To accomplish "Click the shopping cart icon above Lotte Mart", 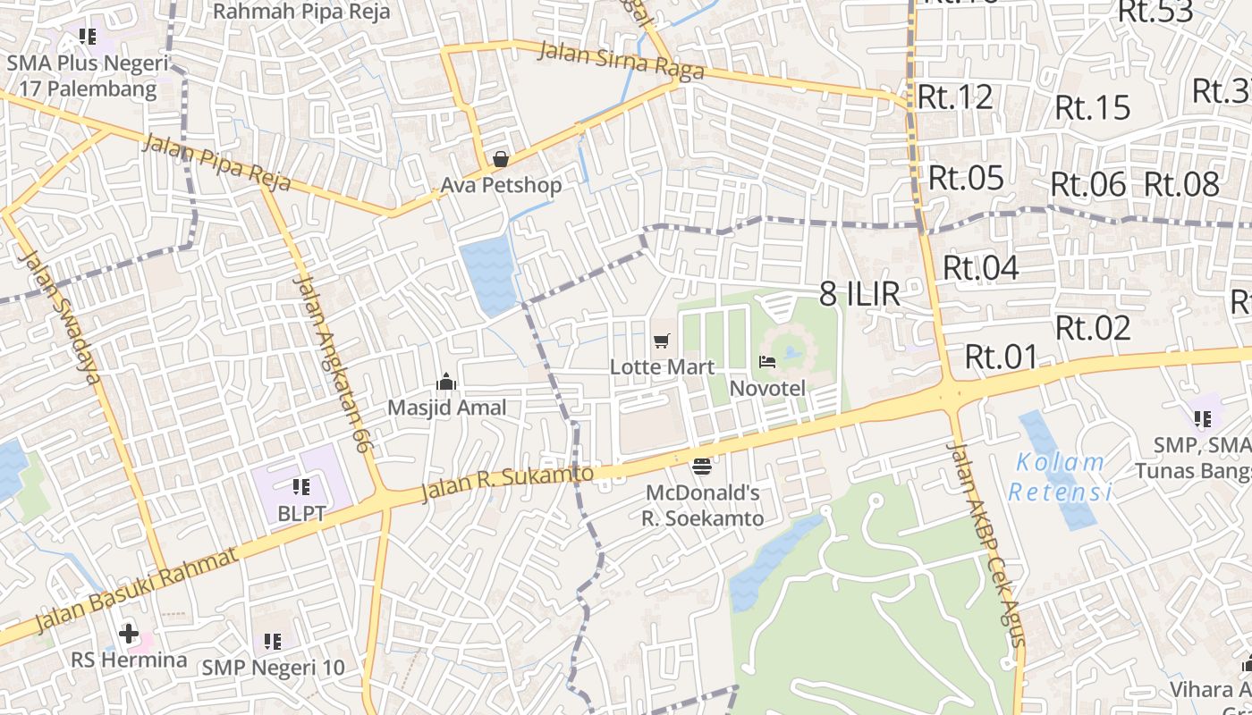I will pyautogui.click(x=661, y=341).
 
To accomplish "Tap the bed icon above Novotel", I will pyautogui.click(x=767, y=362).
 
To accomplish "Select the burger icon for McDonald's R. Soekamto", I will pyautogui.click(x=702, y=466).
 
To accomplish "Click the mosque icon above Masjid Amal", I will pyautogui.click(x=446, y=383).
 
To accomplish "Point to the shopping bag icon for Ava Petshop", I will pyautogui.click(x=501, y=159).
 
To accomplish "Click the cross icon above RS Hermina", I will pyautogui.click(x=129, y=635).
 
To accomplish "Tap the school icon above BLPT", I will pyautogui.click(x=300, y=487).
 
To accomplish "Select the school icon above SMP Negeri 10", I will pyautogui.click(x=273, y=641).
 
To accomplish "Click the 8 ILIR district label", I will pyautogui.click(x=859, y=294).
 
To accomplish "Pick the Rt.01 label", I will pyautogui.click(x=1002, y=357).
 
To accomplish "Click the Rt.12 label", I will pyautogui.click(x=956, y=97).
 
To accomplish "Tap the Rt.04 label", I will pyautogui.click(x=981, y=267).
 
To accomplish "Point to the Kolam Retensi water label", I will pyautogui.click(x=1060, y=477).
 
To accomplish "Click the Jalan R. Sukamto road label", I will pyautogui.click(x=507, y=484).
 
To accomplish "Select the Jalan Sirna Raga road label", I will pyautogui.click(x=621, y=62).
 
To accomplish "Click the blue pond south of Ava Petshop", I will pyautogui.click(x=489, y=276).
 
